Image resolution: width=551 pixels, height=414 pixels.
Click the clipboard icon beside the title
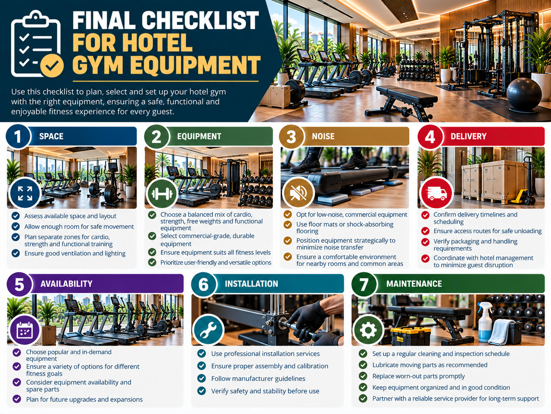pos(37,44)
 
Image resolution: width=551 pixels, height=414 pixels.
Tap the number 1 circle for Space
pos(18,137)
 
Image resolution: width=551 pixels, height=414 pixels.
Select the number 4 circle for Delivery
pos(430,137)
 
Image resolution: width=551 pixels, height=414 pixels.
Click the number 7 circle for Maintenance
pos(364,284)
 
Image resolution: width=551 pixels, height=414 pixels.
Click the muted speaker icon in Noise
pos(298,193)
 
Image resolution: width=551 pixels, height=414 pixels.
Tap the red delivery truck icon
pos(437,193)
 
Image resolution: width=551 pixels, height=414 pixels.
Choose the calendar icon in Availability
pos(24,330)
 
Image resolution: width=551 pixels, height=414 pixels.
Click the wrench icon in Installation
pos(208,330)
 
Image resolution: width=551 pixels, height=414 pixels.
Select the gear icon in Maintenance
pos(368,330)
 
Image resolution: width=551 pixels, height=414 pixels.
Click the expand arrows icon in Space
pos(25,193)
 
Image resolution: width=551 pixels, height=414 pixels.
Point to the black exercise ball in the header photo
pos(524,94)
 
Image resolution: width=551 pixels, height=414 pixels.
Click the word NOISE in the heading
pos(323,136)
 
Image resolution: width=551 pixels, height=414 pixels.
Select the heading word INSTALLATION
pos(251,284)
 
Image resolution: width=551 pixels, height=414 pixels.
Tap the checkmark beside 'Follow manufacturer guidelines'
pos(201,378)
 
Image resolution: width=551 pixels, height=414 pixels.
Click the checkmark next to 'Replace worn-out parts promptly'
pos(363,376)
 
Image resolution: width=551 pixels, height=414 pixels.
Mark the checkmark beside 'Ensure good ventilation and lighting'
pos(16,253)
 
